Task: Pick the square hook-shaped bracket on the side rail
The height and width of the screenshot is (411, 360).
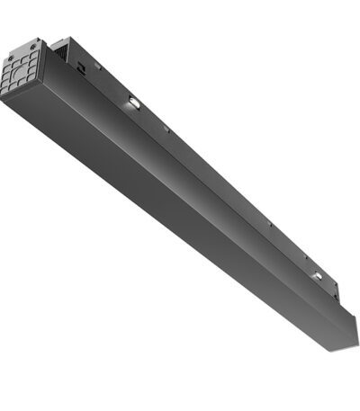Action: (81, 65)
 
